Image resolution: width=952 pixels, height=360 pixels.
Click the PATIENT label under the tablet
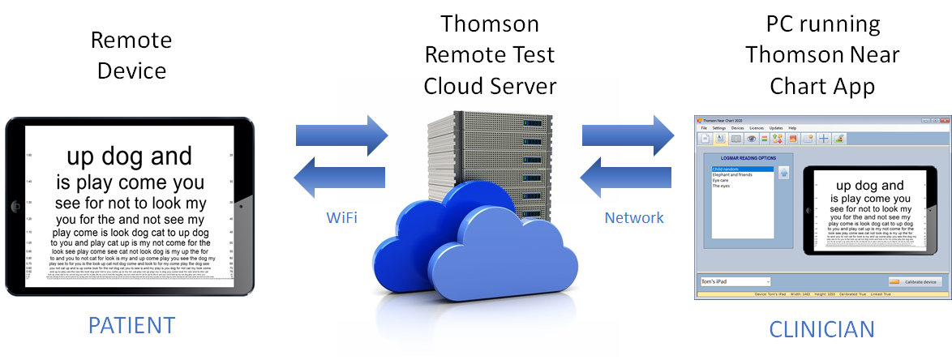click(x=131, y=325)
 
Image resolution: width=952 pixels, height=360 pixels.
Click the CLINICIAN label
click(x=821, y=328)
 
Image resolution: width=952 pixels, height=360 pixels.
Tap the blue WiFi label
click(x=342, y=217)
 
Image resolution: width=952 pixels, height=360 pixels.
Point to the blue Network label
click(x=634, y=217)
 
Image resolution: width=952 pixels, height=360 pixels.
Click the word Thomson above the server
click(x=489, y=24)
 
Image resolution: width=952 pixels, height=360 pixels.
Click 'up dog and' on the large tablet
click(x=129, y=156)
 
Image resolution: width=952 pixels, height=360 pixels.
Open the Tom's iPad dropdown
click(x=734, y=281)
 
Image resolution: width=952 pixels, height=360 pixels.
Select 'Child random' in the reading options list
click(x=727, y=169)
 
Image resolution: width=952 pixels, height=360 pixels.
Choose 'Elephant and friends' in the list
click(x=735, y=174)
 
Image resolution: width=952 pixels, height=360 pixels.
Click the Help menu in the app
click(x=792, y=128)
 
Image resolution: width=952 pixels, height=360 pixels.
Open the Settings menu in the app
click(x=718, y=128)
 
